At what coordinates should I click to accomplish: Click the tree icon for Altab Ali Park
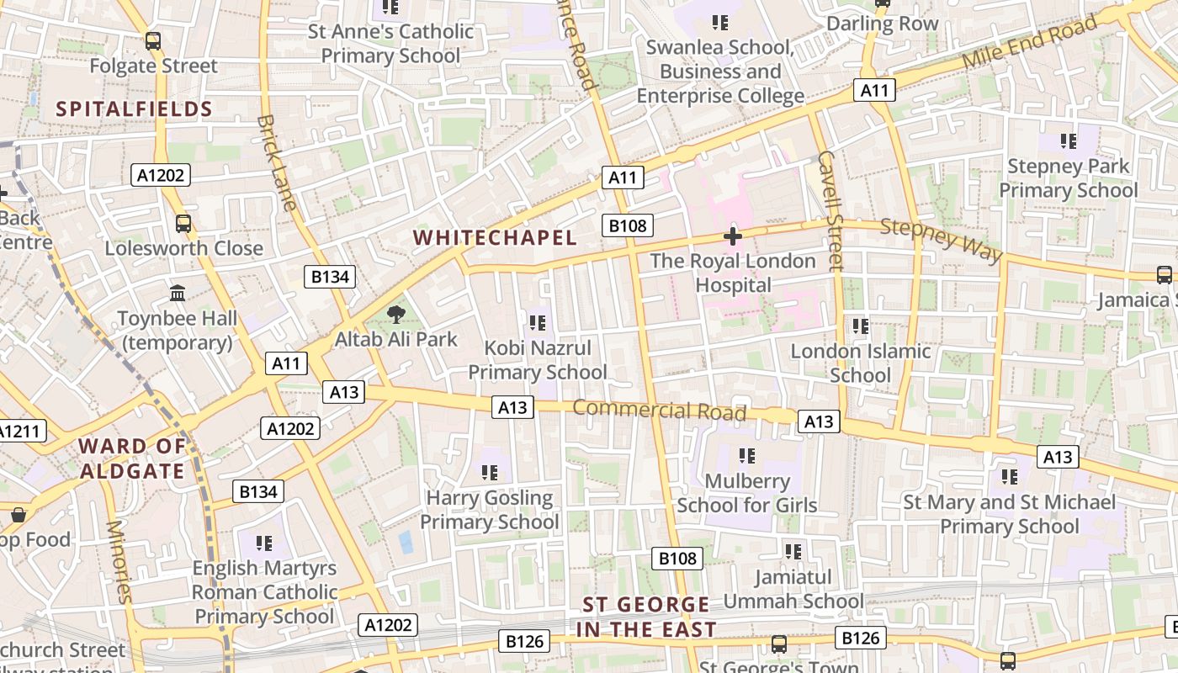(x=395, y=315)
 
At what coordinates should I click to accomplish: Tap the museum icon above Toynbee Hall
(x=178, y=294)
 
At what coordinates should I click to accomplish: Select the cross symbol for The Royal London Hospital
(x=733, y=236)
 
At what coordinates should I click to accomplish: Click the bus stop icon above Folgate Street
(x=152, y=40)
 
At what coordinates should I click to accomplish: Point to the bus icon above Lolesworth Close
(x=183, y=223)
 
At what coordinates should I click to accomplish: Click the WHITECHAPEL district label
(x=496, y=238)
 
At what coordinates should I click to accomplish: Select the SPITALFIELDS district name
(x=135, y=109)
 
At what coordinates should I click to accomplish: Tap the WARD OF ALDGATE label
(x=132, y=458)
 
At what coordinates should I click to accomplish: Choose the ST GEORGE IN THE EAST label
(x=646, y=617)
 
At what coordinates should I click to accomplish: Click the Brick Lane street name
(x=277, y=163)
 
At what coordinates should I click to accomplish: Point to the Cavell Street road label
(x=830, y=210)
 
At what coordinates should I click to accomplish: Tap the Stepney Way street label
(x=942, y=239)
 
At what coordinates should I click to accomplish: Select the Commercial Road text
(x=660, y=411)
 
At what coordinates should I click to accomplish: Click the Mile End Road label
(x=1030, y=42)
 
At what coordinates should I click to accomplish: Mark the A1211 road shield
(x=19, y=432)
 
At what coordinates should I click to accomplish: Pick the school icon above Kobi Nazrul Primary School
(x=538, y=322)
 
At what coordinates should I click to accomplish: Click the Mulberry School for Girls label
(x=747, y=493)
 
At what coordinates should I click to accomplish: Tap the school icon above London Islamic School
(x=860, y=326)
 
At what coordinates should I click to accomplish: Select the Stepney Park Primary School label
(x=1068, y=178)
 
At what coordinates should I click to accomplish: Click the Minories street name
(x=119, y=562)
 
